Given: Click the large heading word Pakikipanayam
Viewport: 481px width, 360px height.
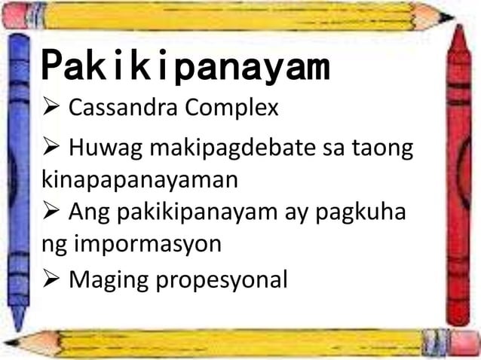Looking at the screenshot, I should click(185, 68).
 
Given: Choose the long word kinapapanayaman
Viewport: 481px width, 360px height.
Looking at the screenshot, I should click(138, 182).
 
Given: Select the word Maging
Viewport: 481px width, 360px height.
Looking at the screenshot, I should click(108, 280).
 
